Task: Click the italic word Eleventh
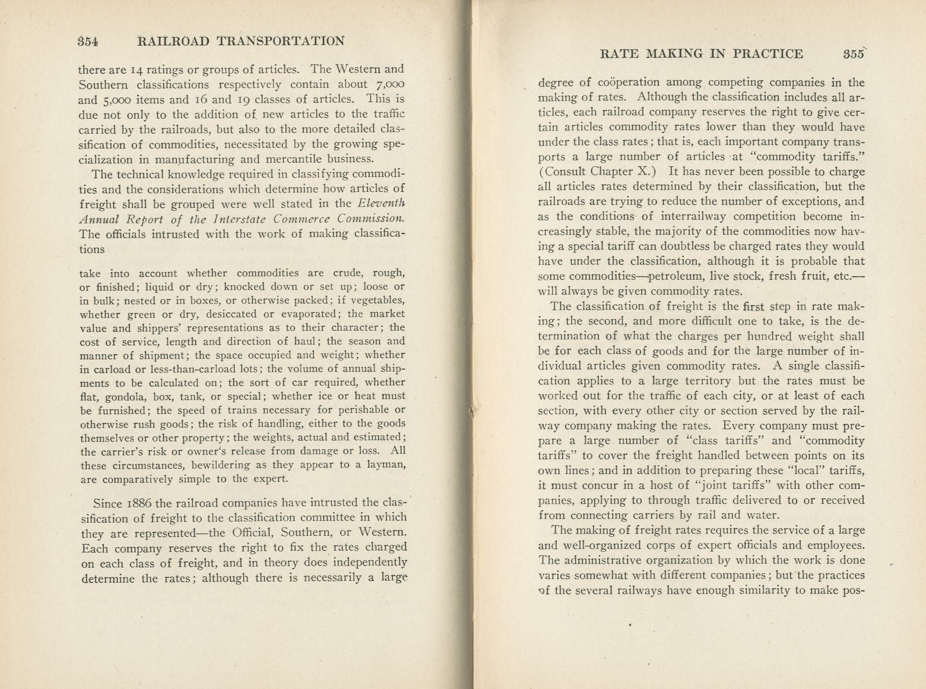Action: pos(380,204)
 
